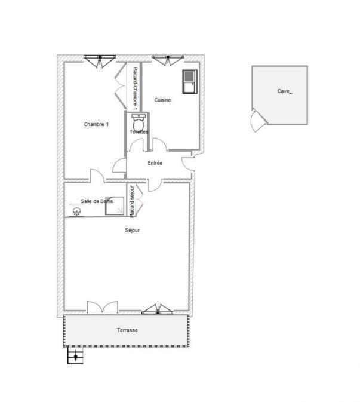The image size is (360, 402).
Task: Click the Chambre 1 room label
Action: pyautogui.click(x=96, y=124)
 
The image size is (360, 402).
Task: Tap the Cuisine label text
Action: pyautogui.click(x=162, y=100)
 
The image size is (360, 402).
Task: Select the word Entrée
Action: pyautogui.click(x=155, y=162)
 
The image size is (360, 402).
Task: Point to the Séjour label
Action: pyautogui.click(x=133, y=231)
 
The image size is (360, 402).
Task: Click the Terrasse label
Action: pyautogui.click(x=127, y=330)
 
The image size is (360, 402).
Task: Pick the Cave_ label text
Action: pyautogui.click(x=285, y=91)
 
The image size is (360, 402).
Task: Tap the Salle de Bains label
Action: pyautogui.click(x=97, y=201)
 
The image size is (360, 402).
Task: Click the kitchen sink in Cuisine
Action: pyautogui.click(x=189, y=80)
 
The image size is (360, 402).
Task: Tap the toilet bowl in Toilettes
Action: pyautogui.click(x=139, y=122)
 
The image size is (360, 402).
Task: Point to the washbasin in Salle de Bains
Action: pyautogui.click(x=76, y=211)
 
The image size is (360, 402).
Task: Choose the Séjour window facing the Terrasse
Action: pyautogui.click(x=158, y=309)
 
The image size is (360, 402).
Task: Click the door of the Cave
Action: pyautogui.click(x=257, y=121)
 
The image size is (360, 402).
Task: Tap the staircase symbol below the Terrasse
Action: pyautogui.click(x=75, y=357)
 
